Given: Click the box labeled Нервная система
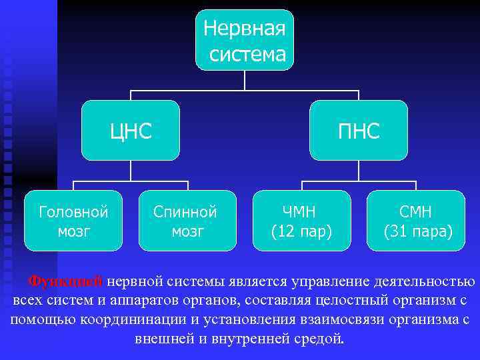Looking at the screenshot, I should (x=245, y=40).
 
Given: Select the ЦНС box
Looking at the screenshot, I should (x=131, y=131).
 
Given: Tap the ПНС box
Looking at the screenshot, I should (x=359, y=131).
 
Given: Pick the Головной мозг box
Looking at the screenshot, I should (x=74, y=221).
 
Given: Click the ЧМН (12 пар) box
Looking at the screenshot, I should (x=302, y=221).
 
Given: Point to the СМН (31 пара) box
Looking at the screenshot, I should (x=416, y=221).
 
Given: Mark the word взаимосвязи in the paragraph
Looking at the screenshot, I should (x=325, y=319).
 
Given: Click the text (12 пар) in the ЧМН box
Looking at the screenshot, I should (x=302, y=231).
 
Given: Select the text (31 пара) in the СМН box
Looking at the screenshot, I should (x=416, y=231).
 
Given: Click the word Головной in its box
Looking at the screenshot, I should (x=74, y=212).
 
